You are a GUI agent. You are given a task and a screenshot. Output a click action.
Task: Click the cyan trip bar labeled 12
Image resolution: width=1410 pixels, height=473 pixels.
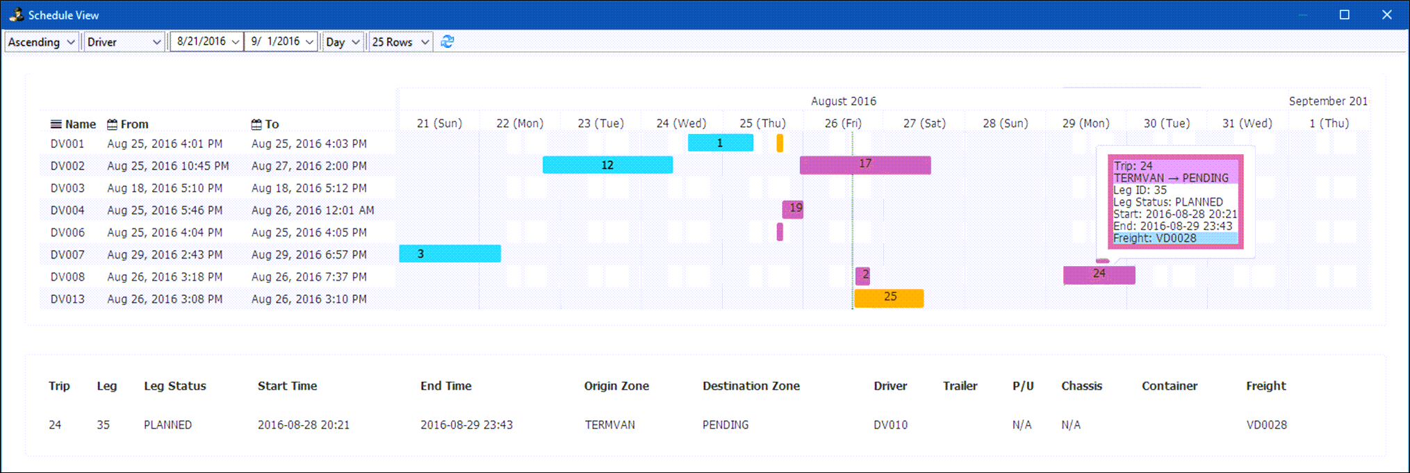pos(607,165)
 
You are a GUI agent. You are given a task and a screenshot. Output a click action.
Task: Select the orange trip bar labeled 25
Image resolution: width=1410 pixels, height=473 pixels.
pos(889,297)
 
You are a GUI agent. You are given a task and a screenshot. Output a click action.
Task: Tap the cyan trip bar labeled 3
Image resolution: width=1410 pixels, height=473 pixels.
pos(450,254)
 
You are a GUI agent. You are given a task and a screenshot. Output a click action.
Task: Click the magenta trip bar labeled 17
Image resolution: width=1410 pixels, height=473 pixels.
pos(864,165)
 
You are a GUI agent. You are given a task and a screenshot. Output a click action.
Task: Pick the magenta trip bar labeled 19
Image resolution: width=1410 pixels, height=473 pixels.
pos(793,209)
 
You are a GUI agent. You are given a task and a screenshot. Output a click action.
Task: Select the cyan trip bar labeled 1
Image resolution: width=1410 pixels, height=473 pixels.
pos(720,143)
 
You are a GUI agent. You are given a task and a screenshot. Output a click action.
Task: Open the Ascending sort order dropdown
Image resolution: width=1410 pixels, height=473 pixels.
pos(41,42)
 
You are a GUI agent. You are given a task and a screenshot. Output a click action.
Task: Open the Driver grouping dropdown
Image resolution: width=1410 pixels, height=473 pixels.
pos(124,42)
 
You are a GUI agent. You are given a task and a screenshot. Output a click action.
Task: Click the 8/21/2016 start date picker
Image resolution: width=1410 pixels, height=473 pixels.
pos(207,42)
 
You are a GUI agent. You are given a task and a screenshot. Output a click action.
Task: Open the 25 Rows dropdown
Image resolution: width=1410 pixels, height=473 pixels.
pos(400,42)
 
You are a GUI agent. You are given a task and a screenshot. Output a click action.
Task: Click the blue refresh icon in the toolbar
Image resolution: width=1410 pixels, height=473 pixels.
pos(448,42)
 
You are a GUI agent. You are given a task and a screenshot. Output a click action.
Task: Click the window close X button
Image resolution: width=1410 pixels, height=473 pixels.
pos(1386,15)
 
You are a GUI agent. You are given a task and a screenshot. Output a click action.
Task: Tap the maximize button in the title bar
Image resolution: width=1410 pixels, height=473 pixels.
pos(1345,15)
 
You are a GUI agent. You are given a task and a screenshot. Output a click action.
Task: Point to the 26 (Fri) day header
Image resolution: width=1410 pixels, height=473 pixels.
pos(843,124)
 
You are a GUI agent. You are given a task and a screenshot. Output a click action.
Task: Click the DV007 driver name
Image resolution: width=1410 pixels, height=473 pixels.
pos(67,255)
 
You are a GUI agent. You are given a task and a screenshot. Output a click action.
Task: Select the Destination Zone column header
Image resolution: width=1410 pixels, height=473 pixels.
pos(751,386)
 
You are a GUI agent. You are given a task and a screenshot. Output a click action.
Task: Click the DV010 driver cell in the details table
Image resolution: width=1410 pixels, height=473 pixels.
pos(890,425)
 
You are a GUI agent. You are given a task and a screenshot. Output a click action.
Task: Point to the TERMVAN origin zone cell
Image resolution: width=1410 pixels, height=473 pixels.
pos(609,425)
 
